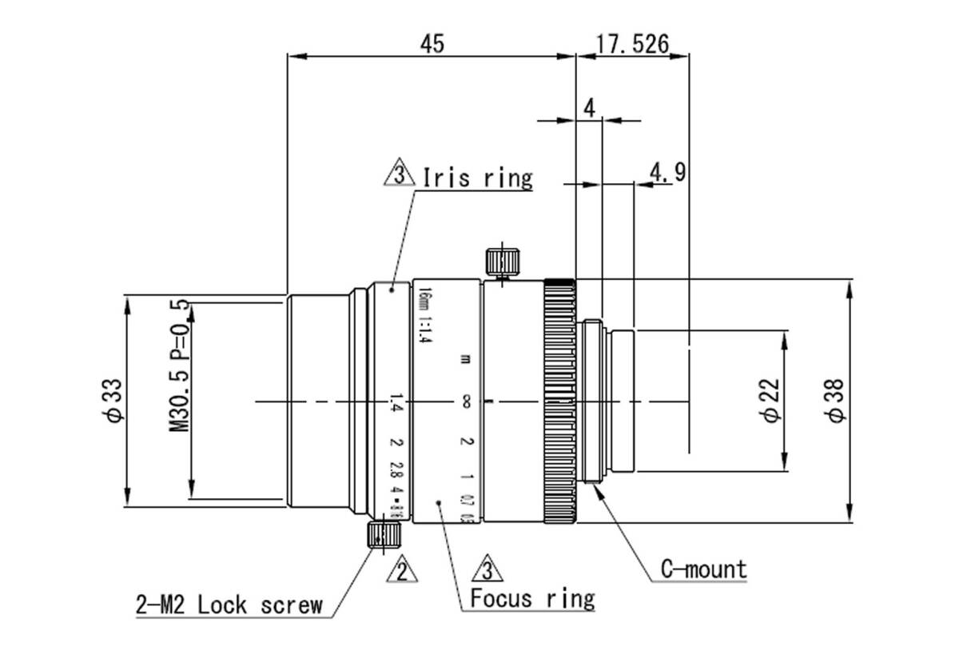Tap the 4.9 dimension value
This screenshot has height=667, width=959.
pyautogui.click(x=667, y=172)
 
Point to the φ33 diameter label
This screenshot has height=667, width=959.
pyautogui.click(x=115, y=399)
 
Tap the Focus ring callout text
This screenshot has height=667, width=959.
pyautogui.click(x=532, y=598)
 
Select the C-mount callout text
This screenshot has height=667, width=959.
pyautogui.click(x=703, y=569)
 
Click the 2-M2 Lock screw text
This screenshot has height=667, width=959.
pyautogui.click(x=229, y=605)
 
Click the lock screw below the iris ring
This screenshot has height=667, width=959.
pyautogui.click(x=383, y=534)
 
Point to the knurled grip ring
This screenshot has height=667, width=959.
pyautogui.click(x=559, y=400)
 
